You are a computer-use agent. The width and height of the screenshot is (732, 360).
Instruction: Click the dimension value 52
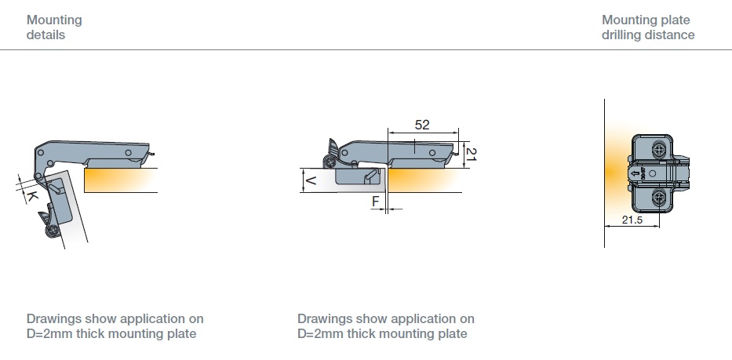tap(421, 125)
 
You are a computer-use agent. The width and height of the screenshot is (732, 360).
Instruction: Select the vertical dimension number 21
tap(471, 154)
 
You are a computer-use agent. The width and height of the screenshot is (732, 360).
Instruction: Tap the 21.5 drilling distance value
tap(632, 220)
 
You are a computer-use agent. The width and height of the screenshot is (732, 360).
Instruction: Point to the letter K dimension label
tap(31, 195)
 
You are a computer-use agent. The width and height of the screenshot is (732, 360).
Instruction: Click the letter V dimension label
tap(310, 180)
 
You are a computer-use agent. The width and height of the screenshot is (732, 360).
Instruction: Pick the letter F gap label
tap(376, 202)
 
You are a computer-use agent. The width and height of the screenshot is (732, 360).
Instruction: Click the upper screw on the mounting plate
tap(659, 151)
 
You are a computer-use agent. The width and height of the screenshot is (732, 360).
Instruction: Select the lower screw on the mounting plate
tap(659, 197)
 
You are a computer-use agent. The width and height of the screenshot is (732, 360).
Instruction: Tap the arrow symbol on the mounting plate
tap(635, 173)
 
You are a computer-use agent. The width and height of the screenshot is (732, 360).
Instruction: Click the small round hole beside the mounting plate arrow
tap(653, 173)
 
